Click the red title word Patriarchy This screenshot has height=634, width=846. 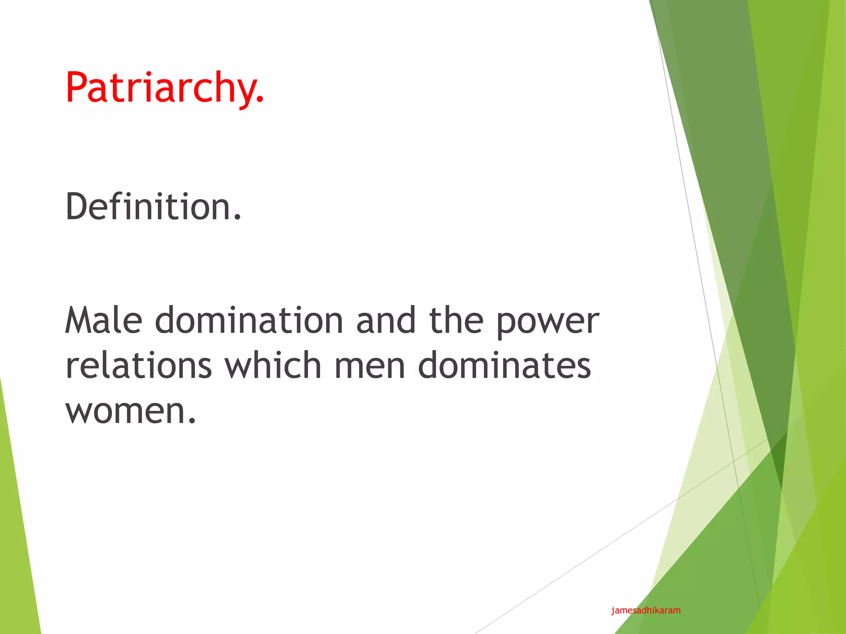tap(164, 88)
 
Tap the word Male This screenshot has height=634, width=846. tap(104, 320)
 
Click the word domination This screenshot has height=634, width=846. tap(249, 320)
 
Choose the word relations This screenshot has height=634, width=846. tap(139, 365)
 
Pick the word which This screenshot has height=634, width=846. tap(273, 365)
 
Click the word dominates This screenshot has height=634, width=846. tap(504, 365)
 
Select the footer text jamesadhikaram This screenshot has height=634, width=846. tap(646, 610)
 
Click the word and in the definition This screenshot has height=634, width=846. tap(386, 320)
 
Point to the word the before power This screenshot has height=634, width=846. tap(456, 320)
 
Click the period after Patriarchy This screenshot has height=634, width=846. tap(259, 99)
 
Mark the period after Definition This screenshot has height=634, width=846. tap(237, 217)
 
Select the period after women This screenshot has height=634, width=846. tap(191, 421)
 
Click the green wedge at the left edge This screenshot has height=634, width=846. tap(17, 537)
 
